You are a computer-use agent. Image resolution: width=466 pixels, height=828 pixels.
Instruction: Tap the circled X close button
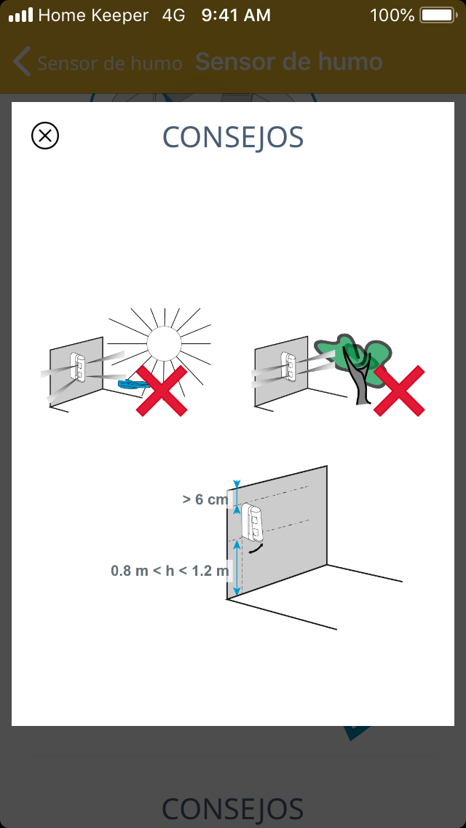45,136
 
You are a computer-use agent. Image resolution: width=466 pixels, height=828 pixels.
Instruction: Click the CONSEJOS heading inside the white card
233,137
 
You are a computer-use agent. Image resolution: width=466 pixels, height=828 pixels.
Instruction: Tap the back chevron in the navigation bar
22,62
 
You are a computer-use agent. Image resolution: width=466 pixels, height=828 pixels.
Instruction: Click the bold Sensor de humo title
288,62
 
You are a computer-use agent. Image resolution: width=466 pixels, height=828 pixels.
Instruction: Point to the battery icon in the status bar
438,15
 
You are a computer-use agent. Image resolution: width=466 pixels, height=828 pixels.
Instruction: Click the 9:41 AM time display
236,15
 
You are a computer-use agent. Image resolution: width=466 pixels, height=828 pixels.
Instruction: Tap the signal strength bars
20,15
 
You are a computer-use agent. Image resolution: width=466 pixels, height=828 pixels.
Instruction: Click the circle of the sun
164,343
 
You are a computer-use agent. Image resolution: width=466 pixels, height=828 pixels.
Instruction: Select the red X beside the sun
162,391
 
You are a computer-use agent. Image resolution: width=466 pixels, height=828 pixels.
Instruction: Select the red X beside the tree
399,391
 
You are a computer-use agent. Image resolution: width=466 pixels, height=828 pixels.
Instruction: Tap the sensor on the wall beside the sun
78,367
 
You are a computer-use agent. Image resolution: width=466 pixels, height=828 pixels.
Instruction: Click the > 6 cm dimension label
205,499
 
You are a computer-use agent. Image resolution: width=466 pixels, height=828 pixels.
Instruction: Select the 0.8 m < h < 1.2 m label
170,571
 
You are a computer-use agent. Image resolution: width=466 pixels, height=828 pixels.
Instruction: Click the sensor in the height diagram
252,522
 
